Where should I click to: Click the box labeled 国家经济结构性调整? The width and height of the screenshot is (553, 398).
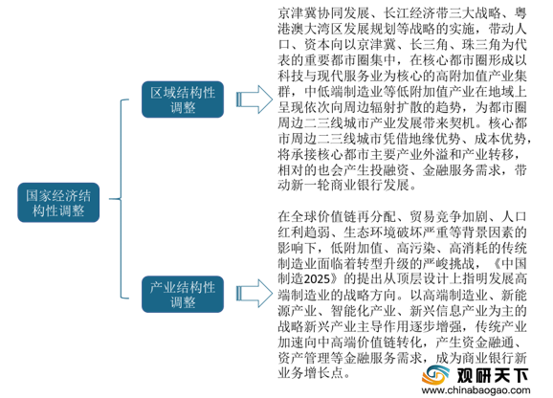point(58,203)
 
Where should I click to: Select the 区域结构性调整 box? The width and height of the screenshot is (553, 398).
point(183,99)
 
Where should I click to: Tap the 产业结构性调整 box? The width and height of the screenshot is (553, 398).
point(183,294)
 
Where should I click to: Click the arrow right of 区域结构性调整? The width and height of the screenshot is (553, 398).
point(254,99)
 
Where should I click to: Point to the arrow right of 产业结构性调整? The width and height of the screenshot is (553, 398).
point(254,294)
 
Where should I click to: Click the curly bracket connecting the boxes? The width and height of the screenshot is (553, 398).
point(121,199)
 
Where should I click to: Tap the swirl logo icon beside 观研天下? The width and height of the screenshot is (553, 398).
point(436,375)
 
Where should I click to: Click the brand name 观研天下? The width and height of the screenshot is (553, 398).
point(493,375)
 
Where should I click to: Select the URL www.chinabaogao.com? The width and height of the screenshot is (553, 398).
point(476,390)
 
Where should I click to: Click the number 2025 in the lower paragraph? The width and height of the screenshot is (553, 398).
point(317,278)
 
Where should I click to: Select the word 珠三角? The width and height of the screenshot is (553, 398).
point(482,45)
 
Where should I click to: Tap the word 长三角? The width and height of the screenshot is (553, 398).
point(429,45)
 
